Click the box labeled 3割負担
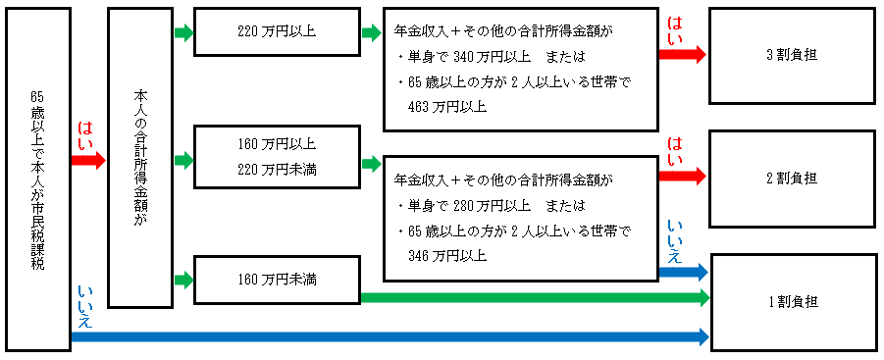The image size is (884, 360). point(792,55)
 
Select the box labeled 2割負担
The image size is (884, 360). point(792,179)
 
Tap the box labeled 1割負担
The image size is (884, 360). point(792,301)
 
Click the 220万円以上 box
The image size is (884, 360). point(277,32)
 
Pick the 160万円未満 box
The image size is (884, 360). point(277,281)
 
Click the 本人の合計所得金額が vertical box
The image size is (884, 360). point(139,158)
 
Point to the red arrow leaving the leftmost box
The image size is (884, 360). point(87,161)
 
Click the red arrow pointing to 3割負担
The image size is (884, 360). point(682,55)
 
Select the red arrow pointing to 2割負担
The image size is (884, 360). point(682,177)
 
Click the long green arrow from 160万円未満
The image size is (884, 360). point(535,296)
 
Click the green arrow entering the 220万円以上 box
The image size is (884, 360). point(183,33)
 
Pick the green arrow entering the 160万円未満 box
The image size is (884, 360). point(183,281)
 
